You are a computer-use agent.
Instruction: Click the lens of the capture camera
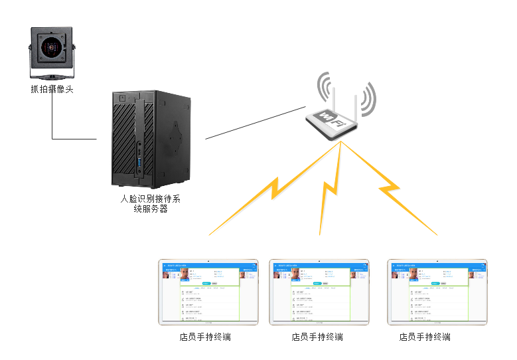tap(50, 47)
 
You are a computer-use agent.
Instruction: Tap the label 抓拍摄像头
tap(52, 88)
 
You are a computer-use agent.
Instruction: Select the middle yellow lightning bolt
tap(330, 192)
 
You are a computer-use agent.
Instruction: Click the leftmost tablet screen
tap(207, 292)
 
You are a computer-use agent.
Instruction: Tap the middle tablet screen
tap(319, 292)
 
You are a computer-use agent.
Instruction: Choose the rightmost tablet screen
tap(437, 292)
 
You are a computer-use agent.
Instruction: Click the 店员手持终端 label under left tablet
tap(205, 337)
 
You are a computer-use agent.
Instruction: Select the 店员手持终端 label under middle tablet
tap(317, 337)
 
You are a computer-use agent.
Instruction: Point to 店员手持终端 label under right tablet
tap(425, 337)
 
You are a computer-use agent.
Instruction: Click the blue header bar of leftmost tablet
tap(207, 265)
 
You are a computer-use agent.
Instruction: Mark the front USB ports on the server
tap(140, 161)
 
